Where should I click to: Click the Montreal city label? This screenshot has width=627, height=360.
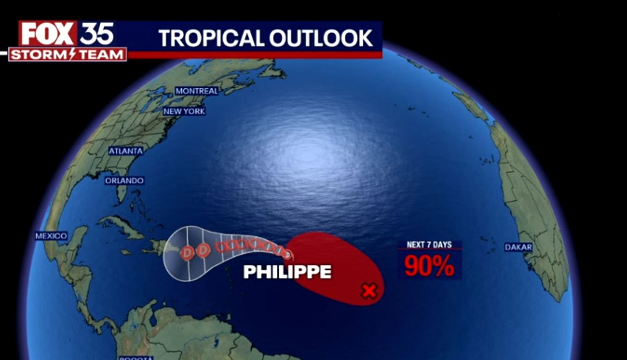coord(197,91)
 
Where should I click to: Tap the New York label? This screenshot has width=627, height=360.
coord(184,111)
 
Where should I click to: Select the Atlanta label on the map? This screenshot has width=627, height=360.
coord(126,151)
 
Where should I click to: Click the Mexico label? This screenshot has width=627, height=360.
coord(51,236)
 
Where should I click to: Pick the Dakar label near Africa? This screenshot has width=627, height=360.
coord(519,248)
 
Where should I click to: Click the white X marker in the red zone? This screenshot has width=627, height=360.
coord(369,290)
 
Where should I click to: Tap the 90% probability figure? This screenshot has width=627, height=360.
coord(429,266)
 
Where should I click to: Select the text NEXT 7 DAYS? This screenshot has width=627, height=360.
coord(429,245)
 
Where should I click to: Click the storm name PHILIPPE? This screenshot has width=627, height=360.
coord(287,272)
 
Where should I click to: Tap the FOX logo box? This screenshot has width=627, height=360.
coord(47,34)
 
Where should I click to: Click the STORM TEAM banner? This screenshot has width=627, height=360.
coord(68,55)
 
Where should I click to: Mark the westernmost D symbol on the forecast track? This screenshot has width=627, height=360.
coord(188,251)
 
